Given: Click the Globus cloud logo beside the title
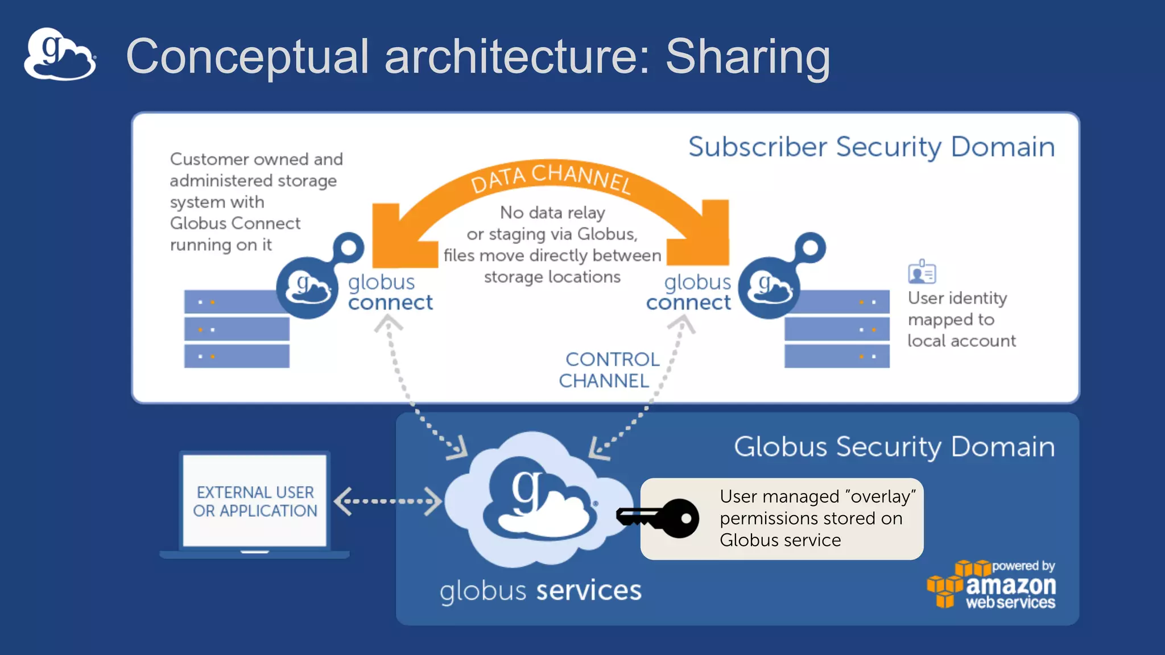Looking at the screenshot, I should tap(60, 55).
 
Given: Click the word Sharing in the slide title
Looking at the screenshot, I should tap(747, 57).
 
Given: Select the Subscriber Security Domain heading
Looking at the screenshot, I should tap(871, 147).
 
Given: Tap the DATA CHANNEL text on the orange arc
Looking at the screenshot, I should tap(551, 178).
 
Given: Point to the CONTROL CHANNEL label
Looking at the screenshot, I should tap(609, 370).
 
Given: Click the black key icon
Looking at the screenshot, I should tap(658, 518).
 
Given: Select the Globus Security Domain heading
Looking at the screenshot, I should tap(894, 447).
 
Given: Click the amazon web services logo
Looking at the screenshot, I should tap(993, 586).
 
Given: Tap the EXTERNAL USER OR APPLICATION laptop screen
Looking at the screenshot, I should tap(254, 501).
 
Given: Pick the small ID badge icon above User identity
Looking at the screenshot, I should tap(922, 272).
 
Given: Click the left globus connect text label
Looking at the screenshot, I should tap(390, 292).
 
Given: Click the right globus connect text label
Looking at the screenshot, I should tap(688, 292).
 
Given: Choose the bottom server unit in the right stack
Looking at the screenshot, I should tap(836, 356).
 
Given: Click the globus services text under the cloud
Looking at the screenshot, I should tap(540, 590).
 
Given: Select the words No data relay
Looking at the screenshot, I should tap(552, 213).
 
